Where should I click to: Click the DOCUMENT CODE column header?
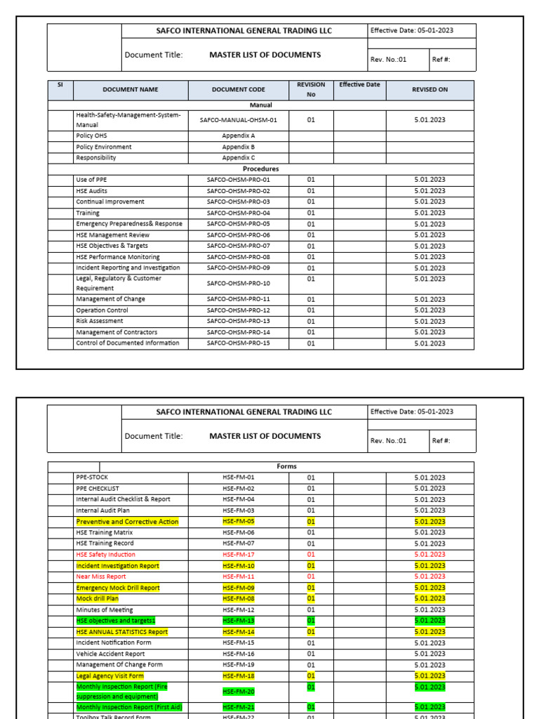[x=238, y=90]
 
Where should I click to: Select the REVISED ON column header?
[x=430, y=90]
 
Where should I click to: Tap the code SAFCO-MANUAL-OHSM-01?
[x=238, y=120]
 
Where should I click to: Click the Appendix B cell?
[x=238, y=147]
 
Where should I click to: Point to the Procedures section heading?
[x=260, y=169]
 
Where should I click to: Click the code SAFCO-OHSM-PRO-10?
[x=238, y=284]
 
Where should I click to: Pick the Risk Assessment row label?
[x=100, y=321]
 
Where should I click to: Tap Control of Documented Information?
[x=127, y=343]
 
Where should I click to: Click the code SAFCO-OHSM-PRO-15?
[x=238, y=343]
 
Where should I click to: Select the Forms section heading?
[x=287, y=466]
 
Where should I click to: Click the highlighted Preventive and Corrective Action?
[x=127, y=522]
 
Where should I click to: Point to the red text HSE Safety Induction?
[x=105, y=555]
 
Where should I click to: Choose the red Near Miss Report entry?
[x=101, y=576]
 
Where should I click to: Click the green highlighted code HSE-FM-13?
[x=238, y=621]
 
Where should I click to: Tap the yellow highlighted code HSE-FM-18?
[x=238, y=676]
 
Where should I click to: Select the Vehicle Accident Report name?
[x=109, y=654]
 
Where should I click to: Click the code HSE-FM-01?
[x=238, y=477]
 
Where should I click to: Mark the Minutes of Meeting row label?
[x=104, y=610]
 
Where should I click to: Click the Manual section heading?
[x=260, y=105]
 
